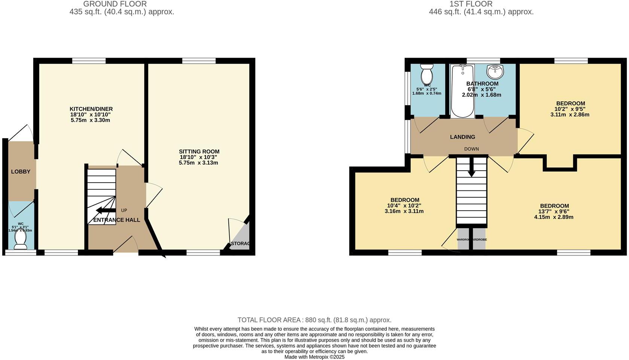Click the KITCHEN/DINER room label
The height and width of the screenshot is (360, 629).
[x=91, y=109]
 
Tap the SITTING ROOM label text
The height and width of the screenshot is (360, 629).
[x=199, y=152]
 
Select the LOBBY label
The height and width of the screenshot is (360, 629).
[x=21, y=172]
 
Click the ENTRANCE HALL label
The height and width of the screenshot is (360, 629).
[x=116, y=220]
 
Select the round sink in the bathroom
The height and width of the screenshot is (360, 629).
[x=495, y=70]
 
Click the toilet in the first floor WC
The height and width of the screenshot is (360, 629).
[x=426, y=74]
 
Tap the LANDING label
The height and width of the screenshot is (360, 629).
[x=462, y=137]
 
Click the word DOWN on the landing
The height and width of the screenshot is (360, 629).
[x=471, y=149]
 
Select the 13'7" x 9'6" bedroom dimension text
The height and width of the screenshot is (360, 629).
[x=554, y=211]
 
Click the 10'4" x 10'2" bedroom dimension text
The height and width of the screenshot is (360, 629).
[x=404, y=205]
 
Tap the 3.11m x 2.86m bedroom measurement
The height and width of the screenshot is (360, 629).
[x=569, y=115]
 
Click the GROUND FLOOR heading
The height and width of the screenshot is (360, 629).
[x=115, y=4]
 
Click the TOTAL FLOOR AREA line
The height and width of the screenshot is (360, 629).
[x=314, y=320]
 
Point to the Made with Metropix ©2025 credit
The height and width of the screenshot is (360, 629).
[x=314, y=357]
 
